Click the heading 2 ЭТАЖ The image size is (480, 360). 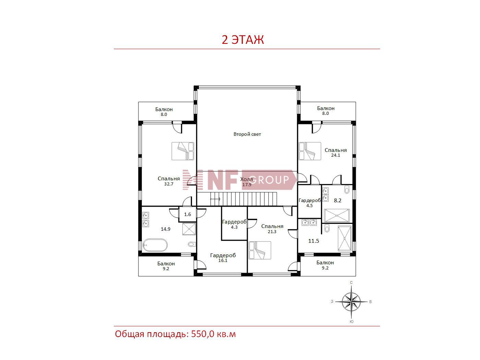point(243,40)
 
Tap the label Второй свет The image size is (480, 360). point(247,134)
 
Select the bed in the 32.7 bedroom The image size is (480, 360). point(183,151)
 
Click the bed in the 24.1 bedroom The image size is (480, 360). point(310,151)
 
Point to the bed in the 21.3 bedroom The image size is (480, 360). point(260,250)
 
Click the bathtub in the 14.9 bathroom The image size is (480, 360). point(155,245)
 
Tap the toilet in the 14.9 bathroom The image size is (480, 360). point(192,244)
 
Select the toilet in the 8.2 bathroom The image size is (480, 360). point(347,190)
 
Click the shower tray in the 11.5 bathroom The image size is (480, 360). point(345,238)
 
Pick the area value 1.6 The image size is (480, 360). point(188,214)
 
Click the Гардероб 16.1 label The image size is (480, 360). point(223,258)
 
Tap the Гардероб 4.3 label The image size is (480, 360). point(234,224)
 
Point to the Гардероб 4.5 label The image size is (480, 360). point(310,203)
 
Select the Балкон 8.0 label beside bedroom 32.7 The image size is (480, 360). point(164,111)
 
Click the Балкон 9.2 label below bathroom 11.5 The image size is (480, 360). point(325,265)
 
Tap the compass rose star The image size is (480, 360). point(351,302)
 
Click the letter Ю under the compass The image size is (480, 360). point(351,322)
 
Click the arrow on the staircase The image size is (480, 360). point(215,199)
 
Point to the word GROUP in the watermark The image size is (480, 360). point(269,180)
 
